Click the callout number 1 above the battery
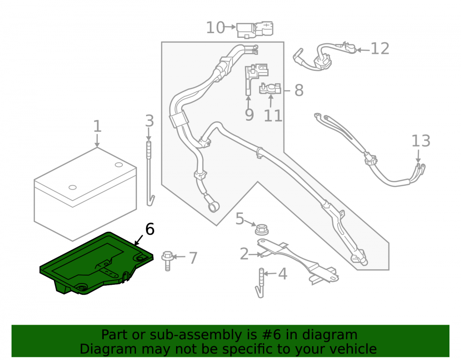[x=97, y=126]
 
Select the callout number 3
[x=149, y=121]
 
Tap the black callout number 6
[x=150, y=229]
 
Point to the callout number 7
[x=193, y=258]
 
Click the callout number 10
[x=215, y=28]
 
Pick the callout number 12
[x=380, y=48]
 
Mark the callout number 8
[x=299, y=90]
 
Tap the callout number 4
[x=282, y=274]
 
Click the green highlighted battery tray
[x=96, y=263]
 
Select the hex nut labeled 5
[x=261, y=229]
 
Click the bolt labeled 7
[x=167, y=261]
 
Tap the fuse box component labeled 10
[x=255, y=30]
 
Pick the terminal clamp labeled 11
[x=270, y=89]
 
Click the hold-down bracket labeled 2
[x=297, y=261]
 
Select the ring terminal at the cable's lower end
[x=214, y=207]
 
